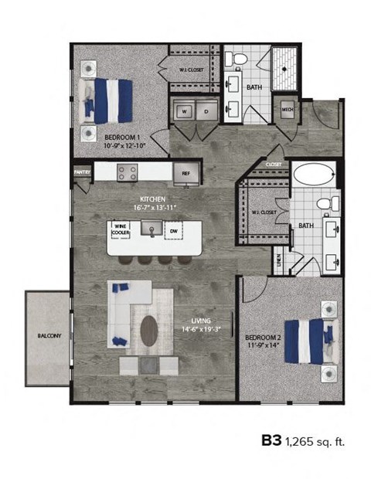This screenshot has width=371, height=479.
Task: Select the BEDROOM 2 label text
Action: click(x=264, y=338)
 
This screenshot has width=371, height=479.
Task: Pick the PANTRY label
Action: click(x=82, y=172)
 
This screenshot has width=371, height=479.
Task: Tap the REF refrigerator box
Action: click(x=185, y=173)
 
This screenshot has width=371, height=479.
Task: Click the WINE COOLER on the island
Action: click(x=121, y=229)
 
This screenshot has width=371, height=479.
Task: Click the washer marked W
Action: click(x=185, y=111)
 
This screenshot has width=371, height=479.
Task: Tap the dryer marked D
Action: click(x=206, y=111)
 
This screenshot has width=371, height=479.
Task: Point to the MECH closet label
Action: click(x=288, y=110)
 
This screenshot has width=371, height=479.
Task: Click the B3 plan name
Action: click(x=271, y=441)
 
